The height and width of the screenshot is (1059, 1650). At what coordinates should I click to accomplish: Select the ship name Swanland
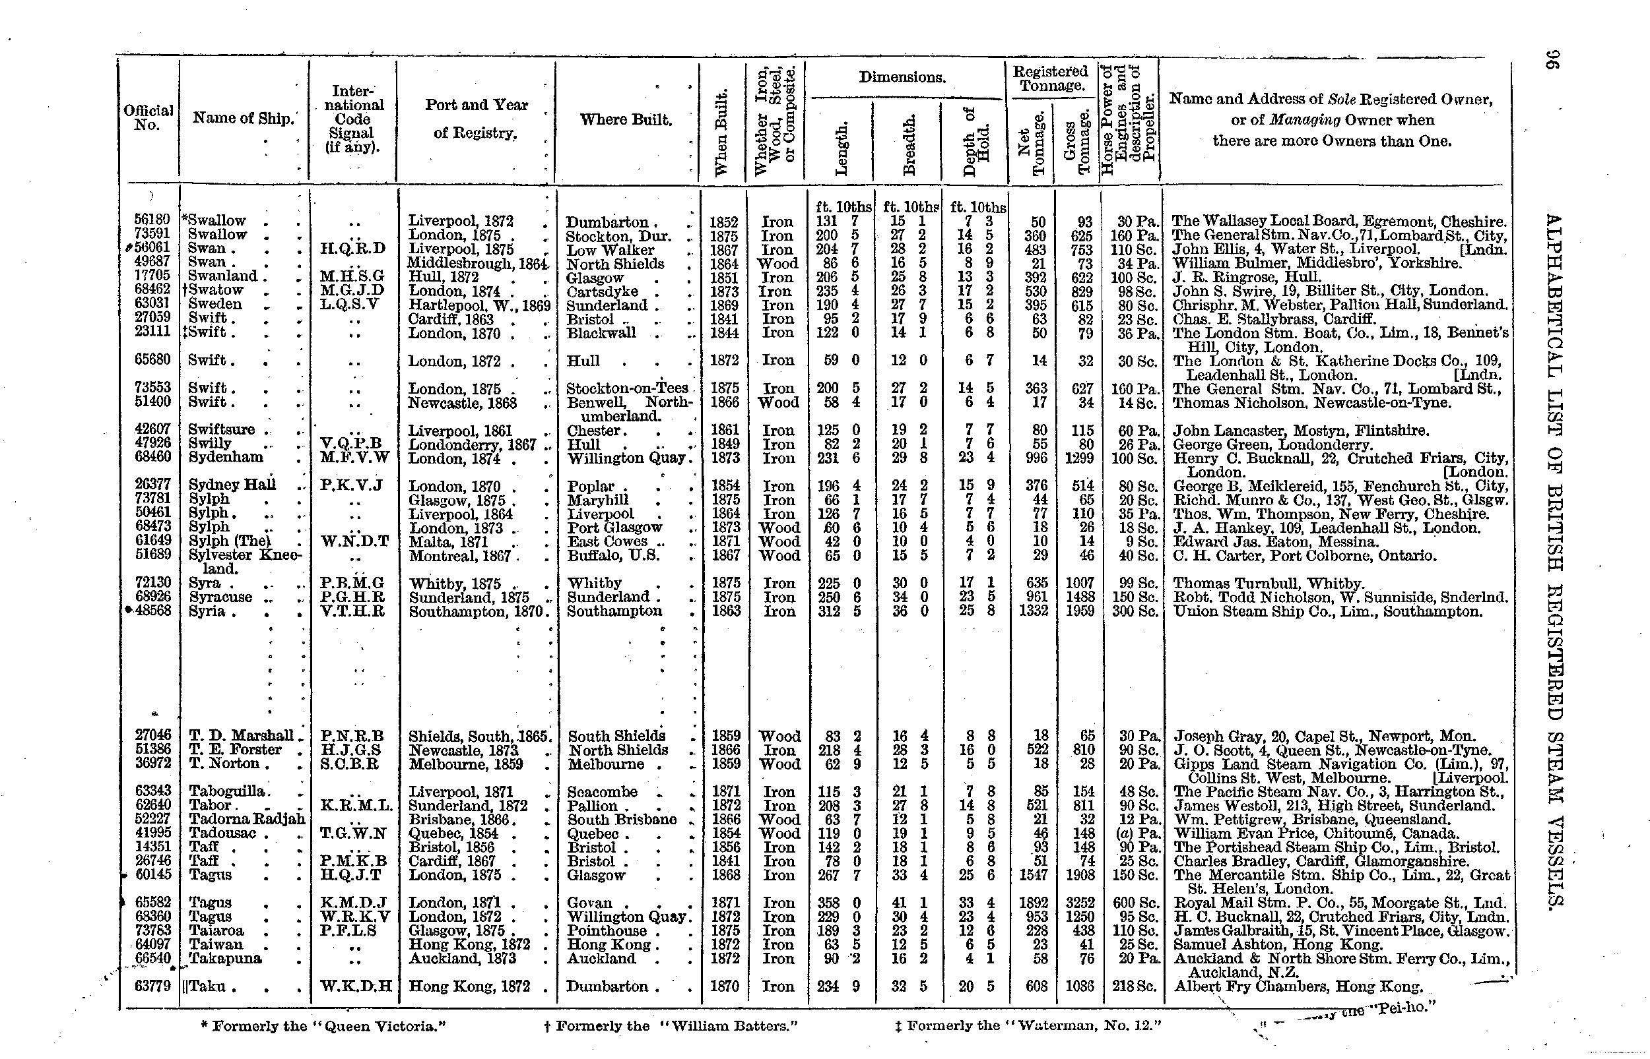222,276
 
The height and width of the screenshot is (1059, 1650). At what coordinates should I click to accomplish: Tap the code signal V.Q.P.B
351,444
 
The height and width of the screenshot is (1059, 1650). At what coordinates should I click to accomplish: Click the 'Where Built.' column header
626,119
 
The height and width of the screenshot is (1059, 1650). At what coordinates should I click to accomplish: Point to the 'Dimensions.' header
902,78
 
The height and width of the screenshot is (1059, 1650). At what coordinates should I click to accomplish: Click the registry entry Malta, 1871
449,542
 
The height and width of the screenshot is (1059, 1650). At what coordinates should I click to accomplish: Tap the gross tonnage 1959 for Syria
1080,611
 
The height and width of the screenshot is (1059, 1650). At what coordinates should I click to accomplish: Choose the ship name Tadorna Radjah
246,820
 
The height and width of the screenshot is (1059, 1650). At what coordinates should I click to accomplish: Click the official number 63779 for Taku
152,986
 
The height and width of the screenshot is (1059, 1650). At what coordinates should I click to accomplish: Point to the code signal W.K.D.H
356,986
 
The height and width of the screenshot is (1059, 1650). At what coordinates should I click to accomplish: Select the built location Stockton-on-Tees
627,388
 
